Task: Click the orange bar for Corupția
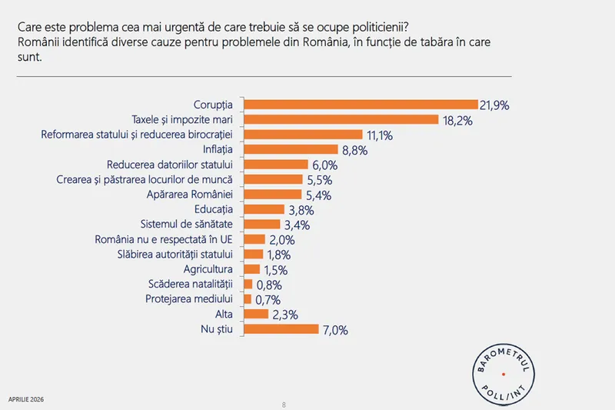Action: pyautogui.click(x=361, y=104)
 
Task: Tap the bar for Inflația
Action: pyautogui.click(x=291, y=149)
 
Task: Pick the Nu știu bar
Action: pyautogui.click(x=281, y=329)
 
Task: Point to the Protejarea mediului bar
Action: pyautogui.click(x=247, y=299)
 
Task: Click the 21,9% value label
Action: pyautogui.click(x=496, y=105)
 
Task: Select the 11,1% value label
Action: pyautogui.click(x=380, y=135)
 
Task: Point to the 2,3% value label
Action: pyautogui.click(x=284, y=315)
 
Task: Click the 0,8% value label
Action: pyautogui.click(x=268, y=285)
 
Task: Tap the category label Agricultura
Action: pyautogui.click(x=209, y=269)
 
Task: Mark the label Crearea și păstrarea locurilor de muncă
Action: pyautogui.click(x=146, y=179)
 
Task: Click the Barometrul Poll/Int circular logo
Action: pyautogui.click(x=502, y=374)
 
